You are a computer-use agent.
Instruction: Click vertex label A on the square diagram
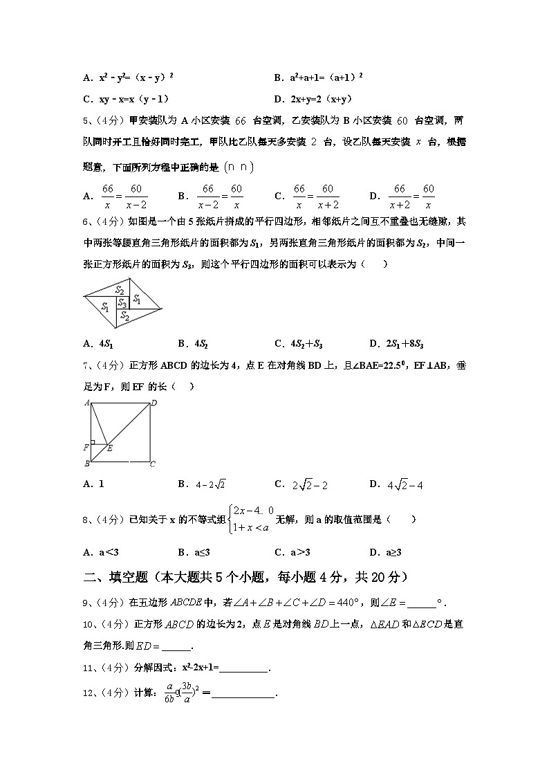coord(87,403)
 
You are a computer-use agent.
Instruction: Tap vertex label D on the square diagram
coord(153,403)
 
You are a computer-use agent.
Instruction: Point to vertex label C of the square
coord(153,464)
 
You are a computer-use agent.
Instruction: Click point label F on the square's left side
coord(86,447)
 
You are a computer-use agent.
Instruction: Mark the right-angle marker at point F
coord(94,441)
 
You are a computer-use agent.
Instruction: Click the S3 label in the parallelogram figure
coord(122,303)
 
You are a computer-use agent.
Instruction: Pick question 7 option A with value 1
coord(93,484)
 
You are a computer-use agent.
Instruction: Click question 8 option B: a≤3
coord(194,552)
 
